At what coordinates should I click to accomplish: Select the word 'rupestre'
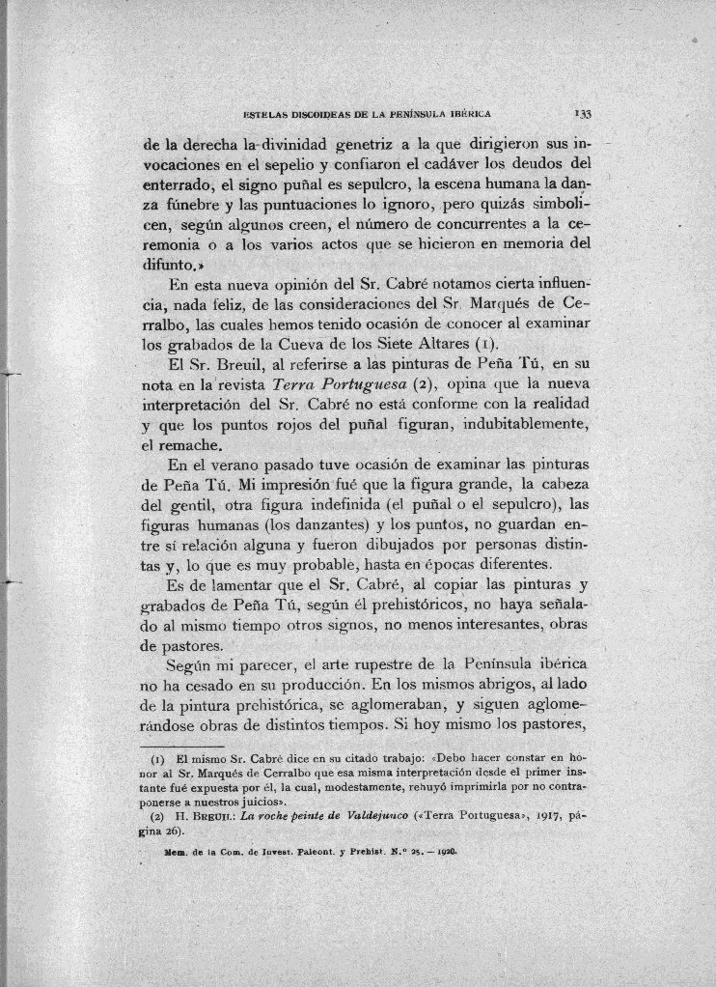click(x=398, y=666)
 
